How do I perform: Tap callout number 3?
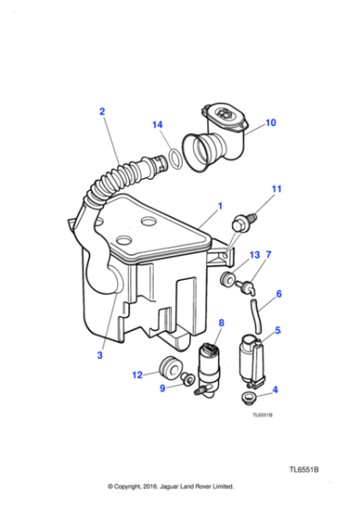(x=100, y=355)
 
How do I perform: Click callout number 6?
(x=278, y=294)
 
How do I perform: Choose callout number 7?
(x=268, y=255)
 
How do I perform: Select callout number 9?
(x=163, y=388)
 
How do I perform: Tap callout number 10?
(x=270, y=123)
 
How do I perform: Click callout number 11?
(x=277, y=189)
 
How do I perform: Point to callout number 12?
(x=137, y=374)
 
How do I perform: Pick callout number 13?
(x=255, y=255)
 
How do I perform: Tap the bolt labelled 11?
(x=243, y=220)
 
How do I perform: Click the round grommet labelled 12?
(x=166, y=370)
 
